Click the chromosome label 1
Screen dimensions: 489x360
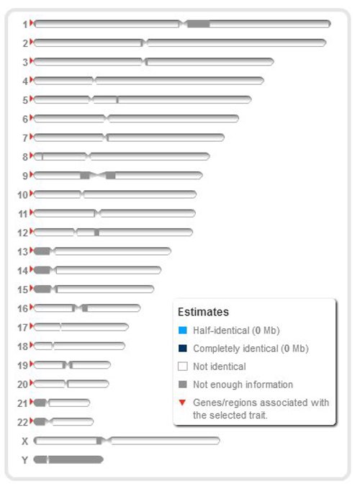point(24,24)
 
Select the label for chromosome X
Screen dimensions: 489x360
point(25,441)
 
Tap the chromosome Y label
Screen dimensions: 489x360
point(25,459)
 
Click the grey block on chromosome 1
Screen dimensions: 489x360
point(199,24)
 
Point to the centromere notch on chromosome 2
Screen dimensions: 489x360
point(144,42)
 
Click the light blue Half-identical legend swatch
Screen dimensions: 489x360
point(183,331)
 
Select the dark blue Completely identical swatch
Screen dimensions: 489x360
point(183,349)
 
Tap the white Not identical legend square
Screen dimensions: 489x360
point(183,367)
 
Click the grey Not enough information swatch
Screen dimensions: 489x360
point(183,385)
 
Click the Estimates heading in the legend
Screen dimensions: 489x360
point(203,313)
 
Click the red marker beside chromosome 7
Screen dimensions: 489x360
point(32,137)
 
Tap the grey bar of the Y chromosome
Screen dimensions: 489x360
point(76,459)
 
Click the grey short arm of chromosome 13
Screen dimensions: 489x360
point(42,251)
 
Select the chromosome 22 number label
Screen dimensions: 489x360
point(22,422)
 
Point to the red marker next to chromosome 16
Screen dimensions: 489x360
point(32,308)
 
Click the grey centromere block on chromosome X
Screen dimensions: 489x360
point(99,441)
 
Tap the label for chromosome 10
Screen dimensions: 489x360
point(22,194)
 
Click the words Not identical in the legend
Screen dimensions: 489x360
point(219,367)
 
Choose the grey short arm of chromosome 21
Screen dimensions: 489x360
point(40,403)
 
